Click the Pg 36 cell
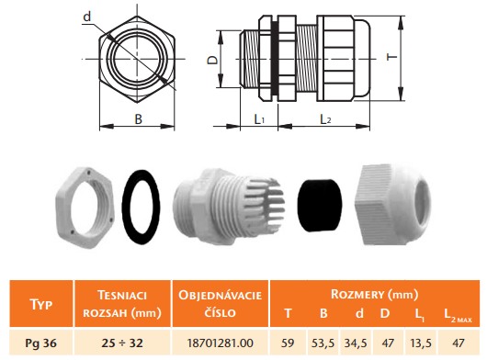[41, 343]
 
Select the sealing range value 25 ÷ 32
[122, 343]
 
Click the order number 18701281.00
[221, 343]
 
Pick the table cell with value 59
[288, 343]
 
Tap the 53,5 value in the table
[323, 343]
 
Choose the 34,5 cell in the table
[356, 343]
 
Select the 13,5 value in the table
[420, 343]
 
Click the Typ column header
[41, 304]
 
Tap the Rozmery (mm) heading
[374, 294]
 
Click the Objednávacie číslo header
[220, 303]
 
